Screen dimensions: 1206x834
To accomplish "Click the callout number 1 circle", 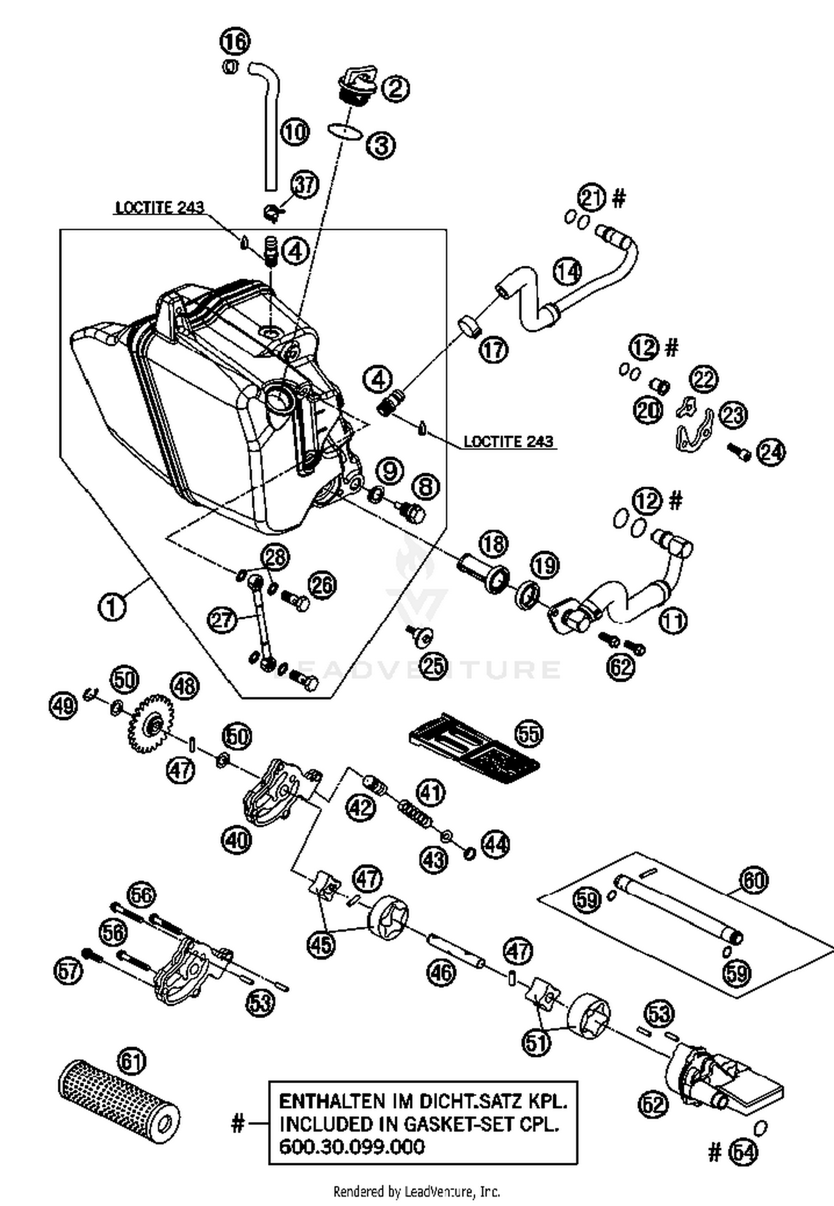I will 112,607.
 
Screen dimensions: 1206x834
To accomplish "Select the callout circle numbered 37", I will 305,184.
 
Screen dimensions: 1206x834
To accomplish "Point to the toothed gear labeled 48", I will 151,724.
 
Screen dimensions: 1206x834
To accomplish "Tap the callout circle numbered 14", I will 567,271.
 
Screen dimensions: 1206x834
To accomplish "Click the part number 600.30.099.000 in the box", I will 351,1147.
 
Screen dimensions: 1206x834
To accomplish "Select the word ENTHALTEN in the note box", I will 331,1101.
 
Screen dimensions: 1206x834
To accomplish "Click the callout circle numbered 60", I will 753,881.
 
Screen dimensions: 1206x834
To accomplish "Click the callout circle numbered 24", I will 771,452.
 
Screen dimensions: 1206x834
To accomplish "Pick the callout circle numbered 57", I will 68,971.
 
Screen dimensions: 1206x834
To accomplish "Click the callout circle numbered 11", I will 673,621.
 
